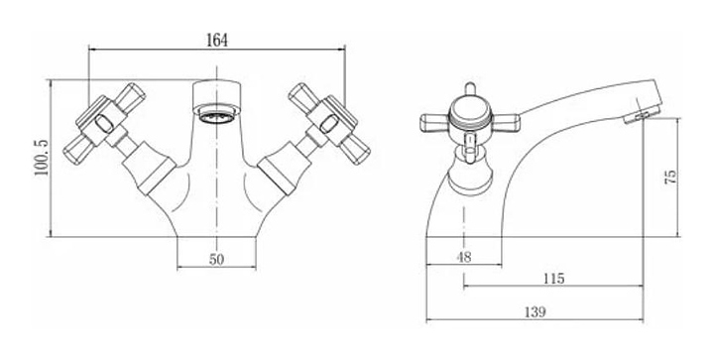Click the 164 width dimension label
point(217,40)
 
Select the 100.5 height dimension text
point(42,159)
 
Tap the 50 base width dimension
point(217,260)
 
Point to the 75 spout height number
point(671,177)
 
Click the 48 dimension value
point(464,257)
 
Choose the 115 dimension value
point(553,278)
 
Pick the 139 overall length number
point(535,312)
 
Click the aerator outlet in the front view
point(216,116)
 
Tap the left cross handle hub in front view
point(103,122)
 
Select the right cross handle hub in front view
point(330,123)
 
